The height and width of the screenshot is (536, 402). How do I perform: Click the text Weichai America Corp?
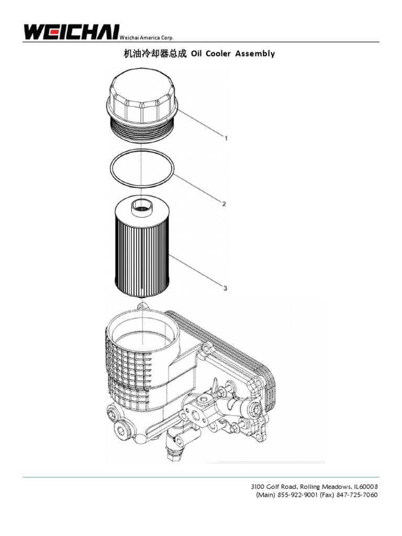tap(147, 38)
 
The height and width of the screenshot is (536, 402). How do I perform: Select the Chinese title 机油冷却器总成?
tap(154, 54)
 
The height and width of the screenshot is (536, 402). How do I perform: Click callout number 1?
tap(226, 138)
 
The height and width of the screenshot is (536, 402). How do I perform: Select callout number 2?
tap(224, 204)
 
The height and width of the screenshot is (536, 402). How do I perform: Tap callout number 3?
tap(225, 288)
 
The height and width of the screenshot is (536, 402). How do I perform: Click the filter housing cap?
tap(142, 99)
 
